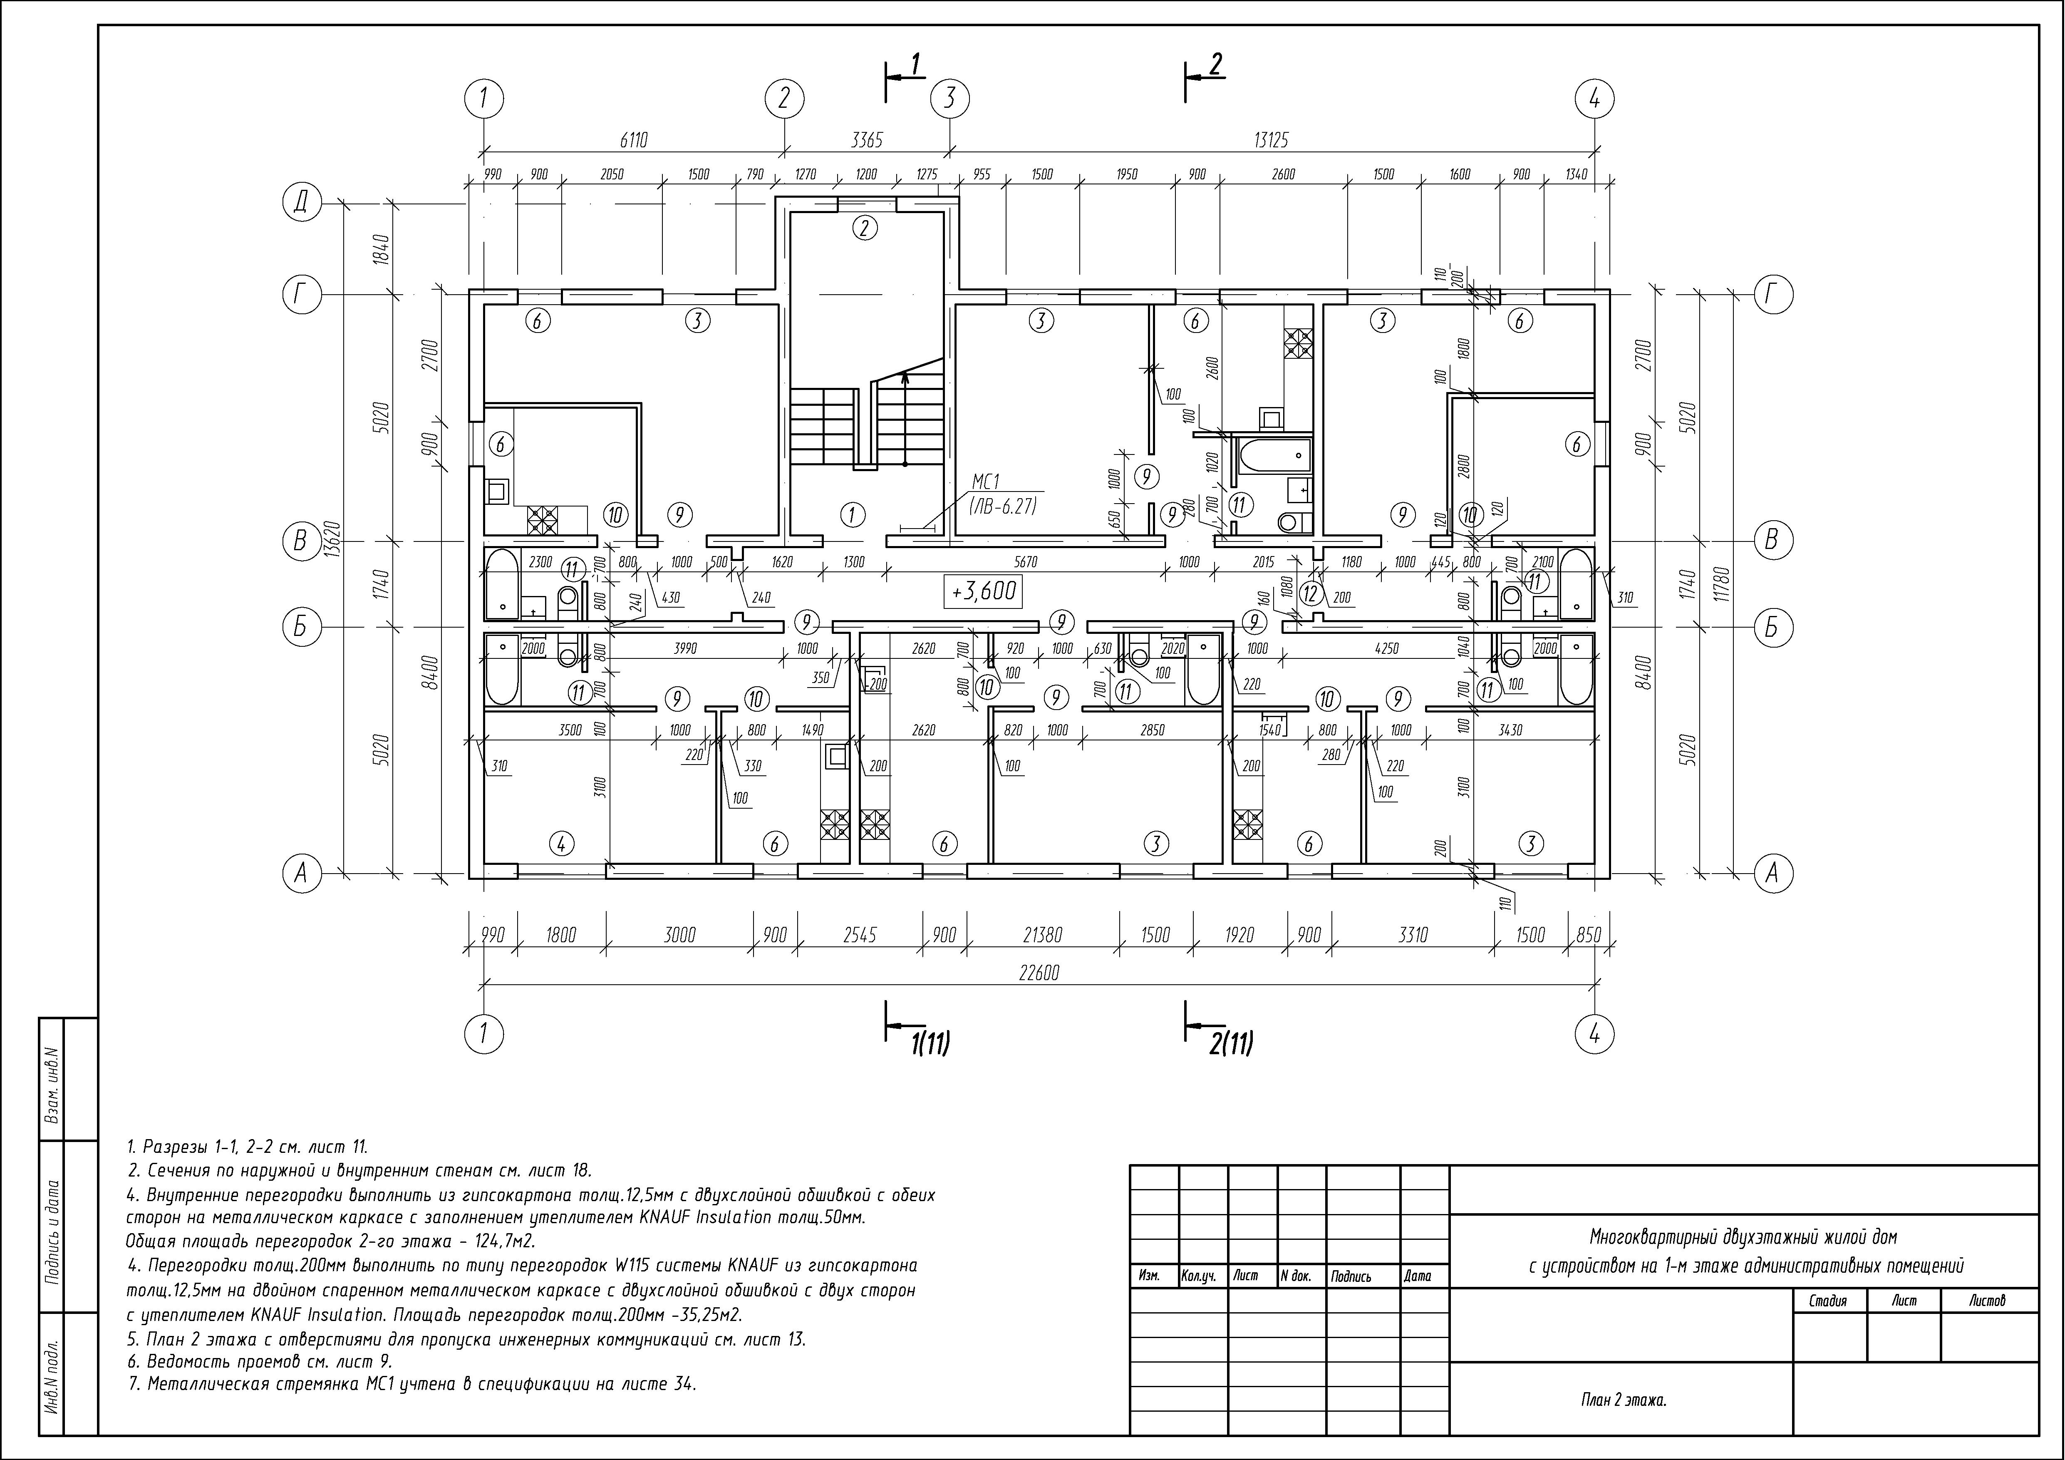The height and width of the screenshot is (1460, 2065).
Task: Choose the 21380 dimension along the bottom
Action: [1042, 936]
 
